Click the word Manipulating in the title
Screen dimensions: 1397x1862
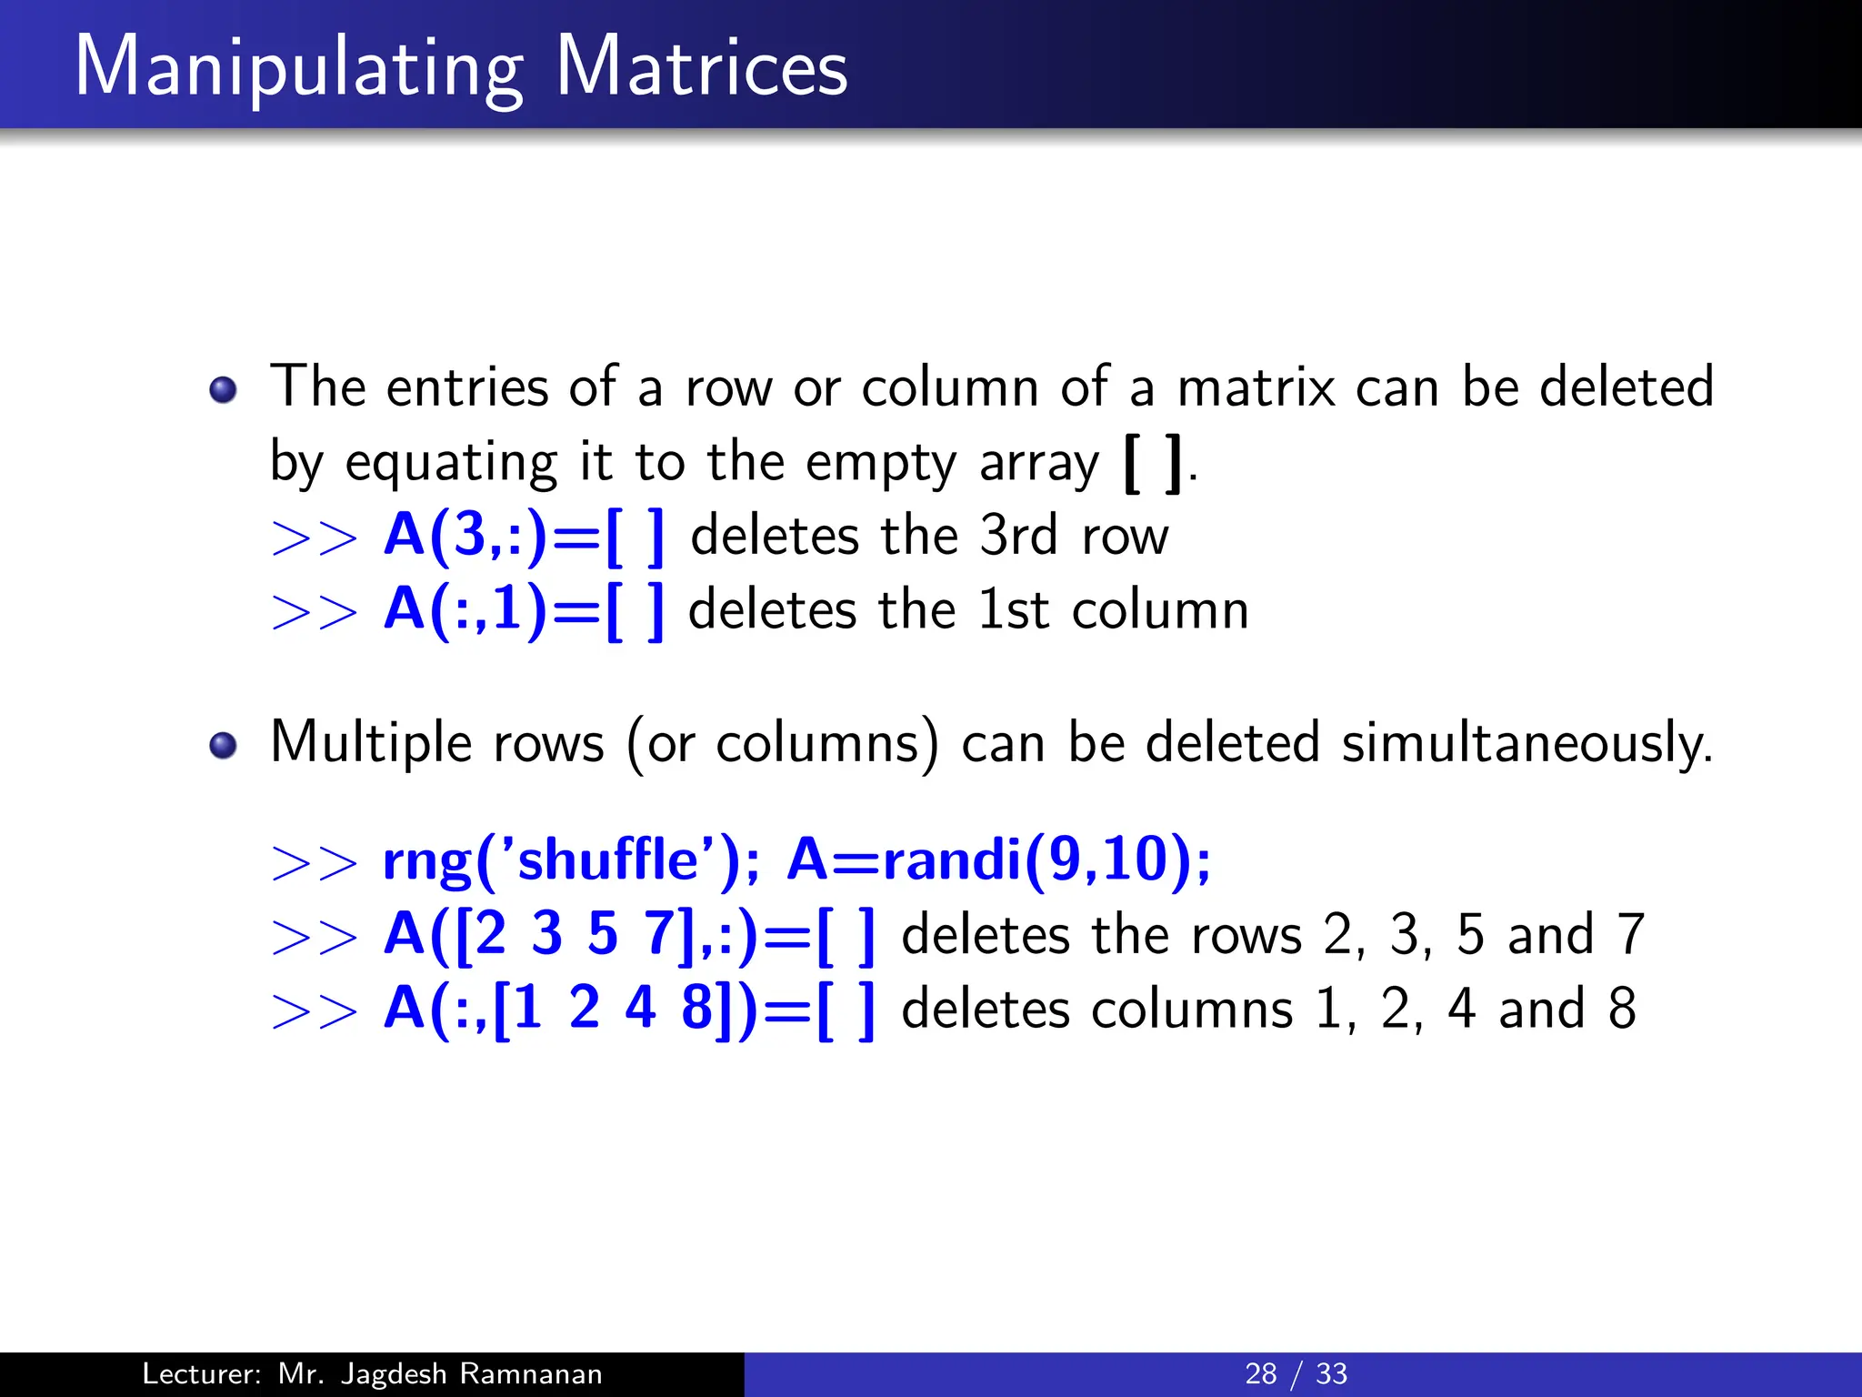[x=299, y=67]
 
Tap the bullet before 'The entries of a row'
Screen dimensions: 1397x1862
[x=223, y=390]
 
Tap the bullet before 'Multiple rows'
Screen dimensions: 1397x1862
[x=223, y=746]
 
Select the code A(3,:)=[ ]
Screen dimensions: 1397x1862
[x=525, y=536]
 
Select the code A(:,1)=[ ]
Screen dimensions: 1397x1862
[x=525, y=610]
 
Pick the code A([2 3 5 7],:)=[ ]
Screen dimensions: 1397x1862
[x=630, y=935]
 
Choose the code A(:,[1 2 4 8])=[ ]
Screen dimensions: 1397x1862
[x=630, y=1010]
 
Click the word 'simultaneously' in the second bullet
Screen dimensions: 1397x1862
[x=1527, y=744]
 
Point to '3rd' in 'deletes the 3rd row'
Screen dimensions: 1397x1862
[x=1019, y=536]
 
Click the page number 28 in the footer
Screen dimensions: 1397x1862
[x=1261, y=1373]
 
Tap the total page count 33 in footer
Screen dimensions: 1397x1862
[x=1332, y=1373]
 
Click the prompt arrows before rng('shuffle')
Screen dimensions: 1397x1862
[x=315, y=861]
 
